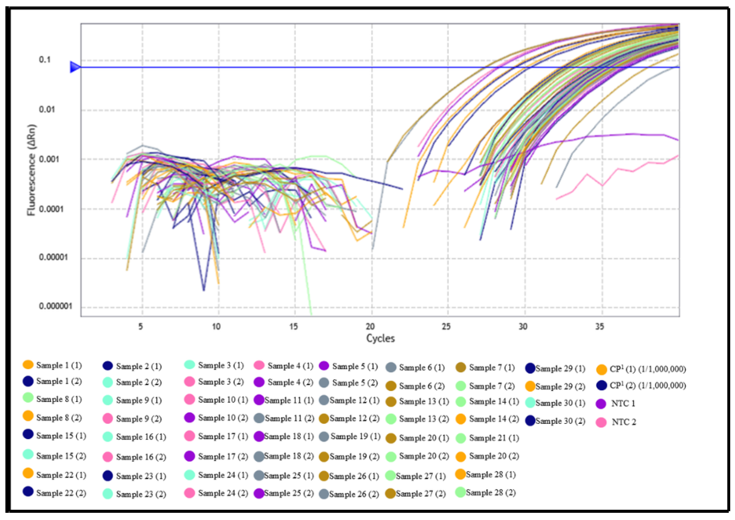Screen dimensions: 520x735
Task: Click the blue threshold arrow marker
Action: [x=75, y=67]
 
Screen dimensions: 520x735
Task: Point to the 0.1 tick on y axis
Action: [x=45, y=60]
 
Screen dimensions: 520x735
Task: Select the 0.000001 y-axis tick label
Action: [x=55, y=306]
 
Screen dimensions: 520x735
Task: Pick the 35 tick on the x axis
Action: [x=600, y=327]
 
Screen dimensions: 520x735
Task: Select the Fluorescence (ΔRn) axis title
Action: [x=32, y=170]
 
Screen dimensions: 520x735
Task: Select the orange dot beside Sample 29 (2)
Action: [x=530, y=386]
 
